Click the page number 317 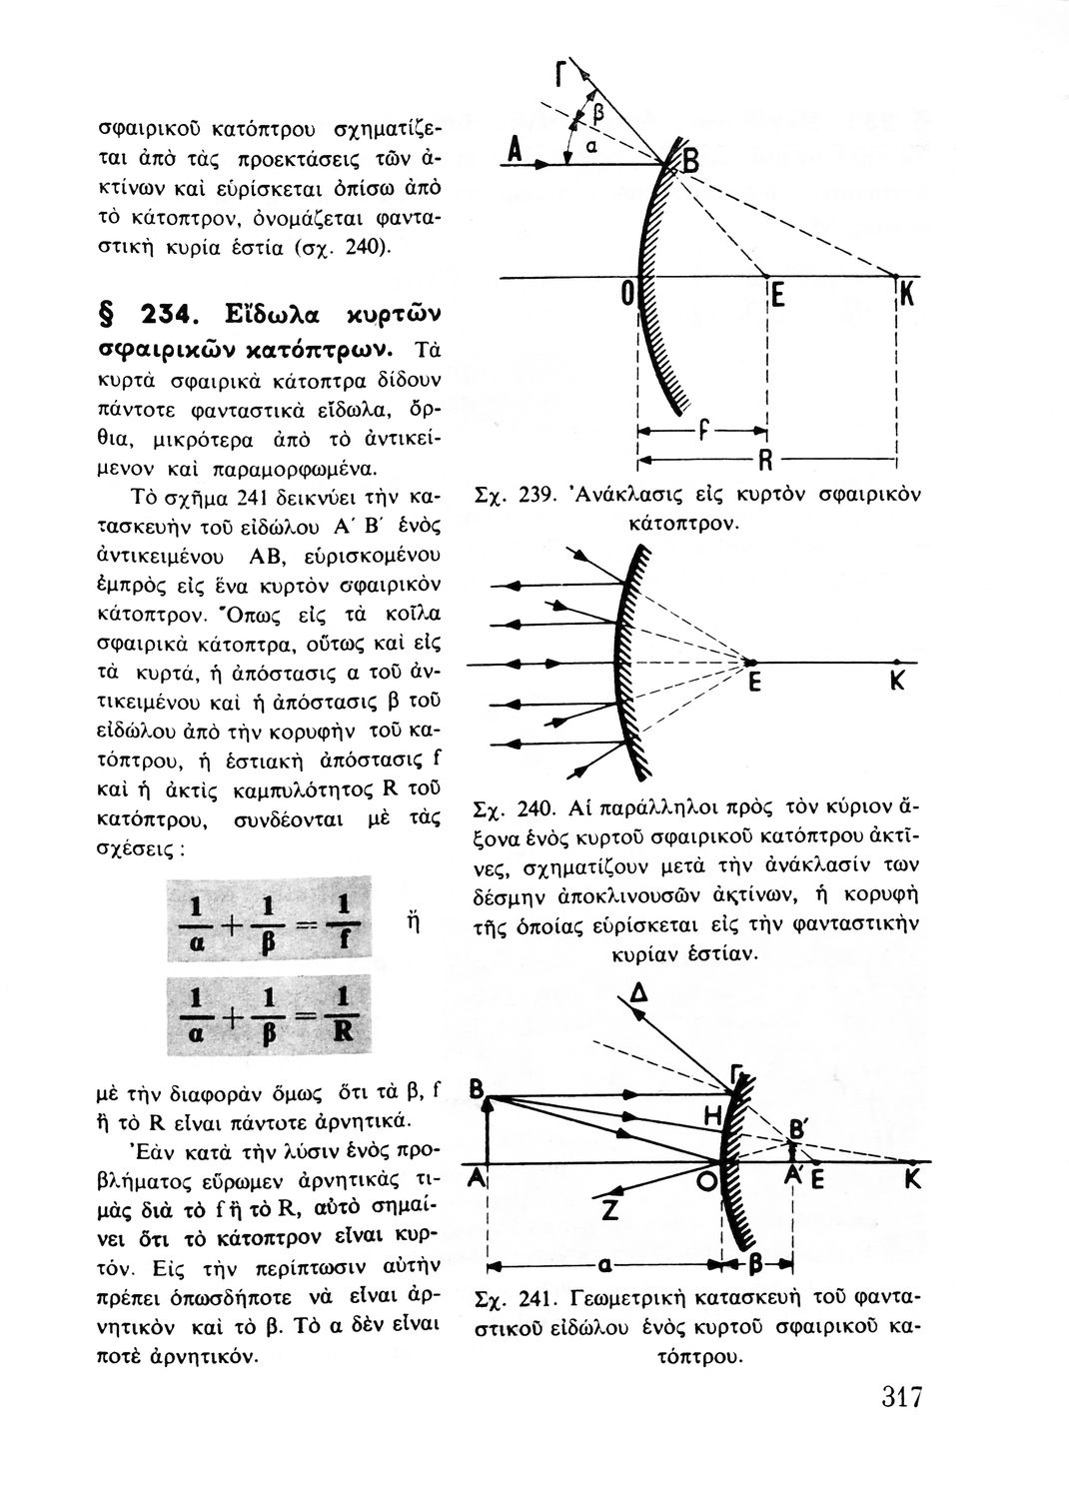pyautogui.click(x=900, y=1396)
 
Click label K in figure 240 pyautogui.click(x=897, y=683)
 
